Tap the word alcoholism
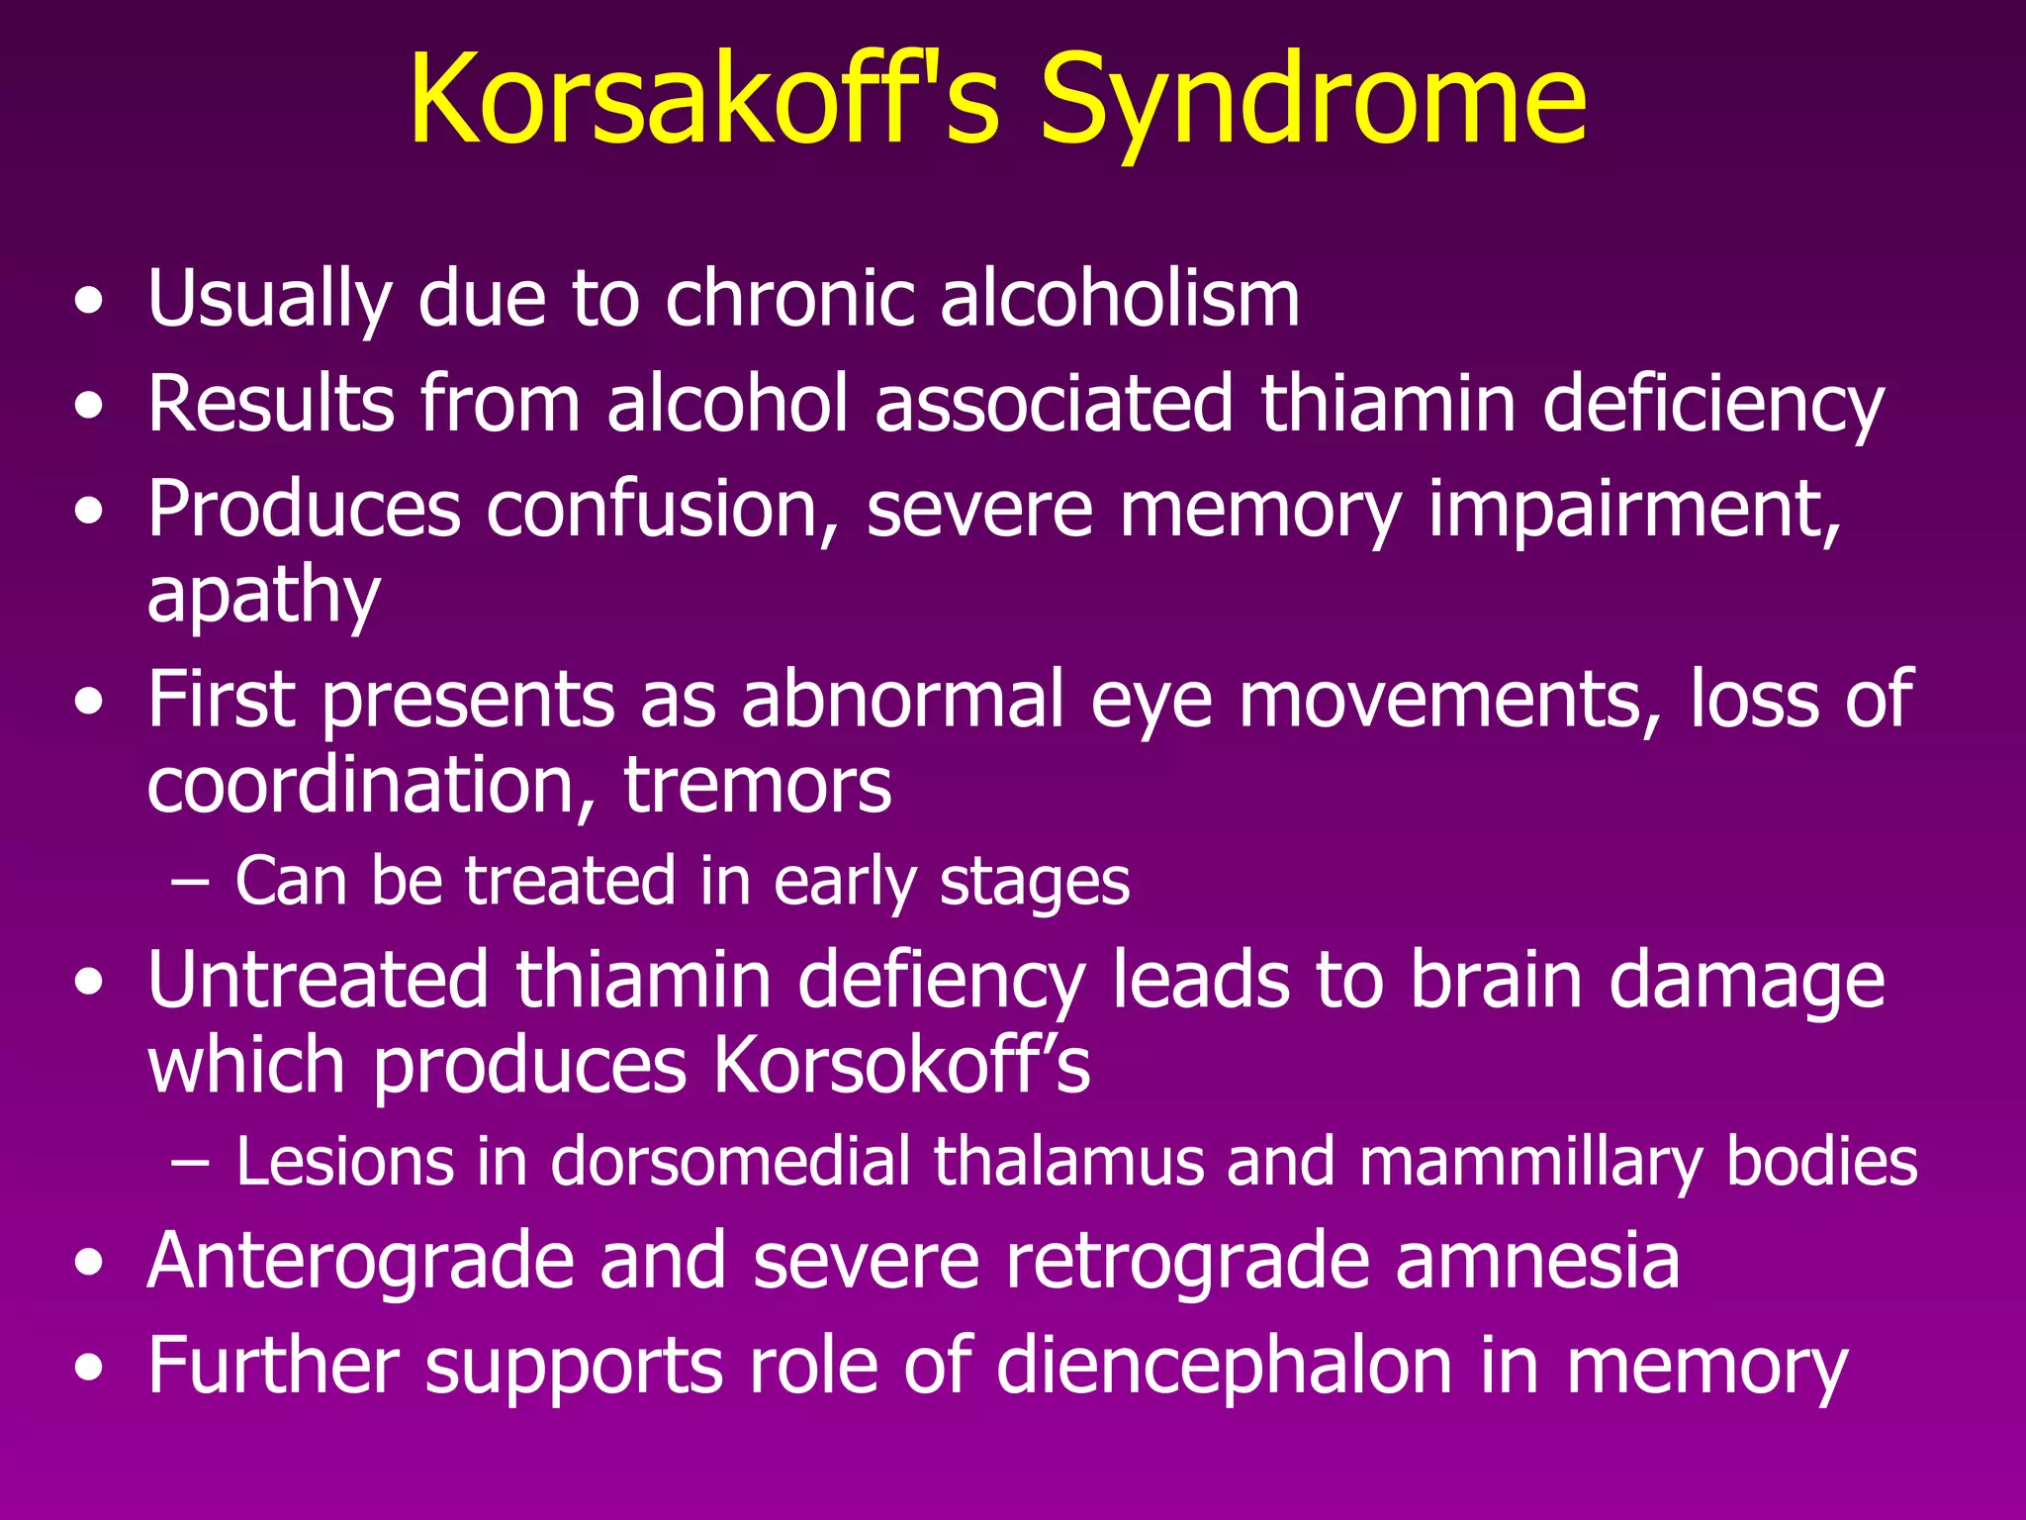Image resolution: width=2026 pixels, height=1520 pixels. pyautogui.click(x=1120, y=299)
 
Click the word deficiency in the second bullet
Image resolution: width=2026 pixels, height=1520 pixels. pyautogui.click(x=1713, y=406)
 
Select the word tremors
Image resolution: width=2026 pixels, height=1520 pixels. pyautogui.click(x=757, y=785)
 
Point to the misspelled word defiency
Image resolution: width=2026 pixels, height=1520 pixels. pyautogui.click(x=941, y=981)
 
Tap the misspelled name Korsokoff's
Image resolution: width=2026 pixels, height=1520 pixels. pyautogui.click(x=901, y=1066)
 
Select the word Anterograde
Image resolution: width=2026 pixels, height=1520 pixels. pyautogui.click(x=361, y=1261)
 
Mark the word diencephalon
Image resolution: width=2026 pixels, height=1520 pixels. pyautogui.click(x=1225, y=1366)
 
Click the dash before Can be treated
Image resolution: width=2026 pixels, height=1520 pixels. pyautogui.click(x=189, y=880)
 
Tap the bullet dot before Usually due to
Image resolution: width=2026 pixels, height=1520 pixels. pyautogui.click(x=89, y=302)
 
